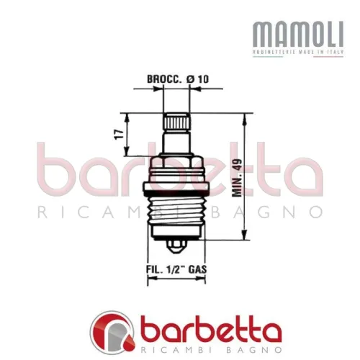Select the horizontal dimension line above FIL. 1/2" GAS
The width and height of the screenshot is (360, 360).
(x=177, y=280)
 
